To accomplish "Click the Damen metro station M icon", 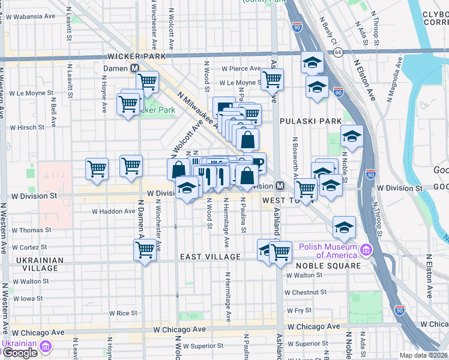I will coord(135,69).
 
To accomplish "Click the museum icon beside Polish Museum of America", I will coord(366,249).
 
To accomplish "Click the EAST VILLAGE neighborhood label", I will coord(211,257).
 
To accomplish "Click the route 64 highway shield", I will coord(339,53).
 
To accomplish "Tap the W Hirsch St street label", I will coord(27,127).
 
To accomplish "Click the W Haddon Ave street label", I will coord(113,211).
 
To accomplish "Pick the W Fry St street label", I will coord(300,310).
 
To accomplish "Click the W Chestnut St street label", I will coord(306,292).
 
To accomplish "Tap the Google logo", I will coord(19,353).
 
